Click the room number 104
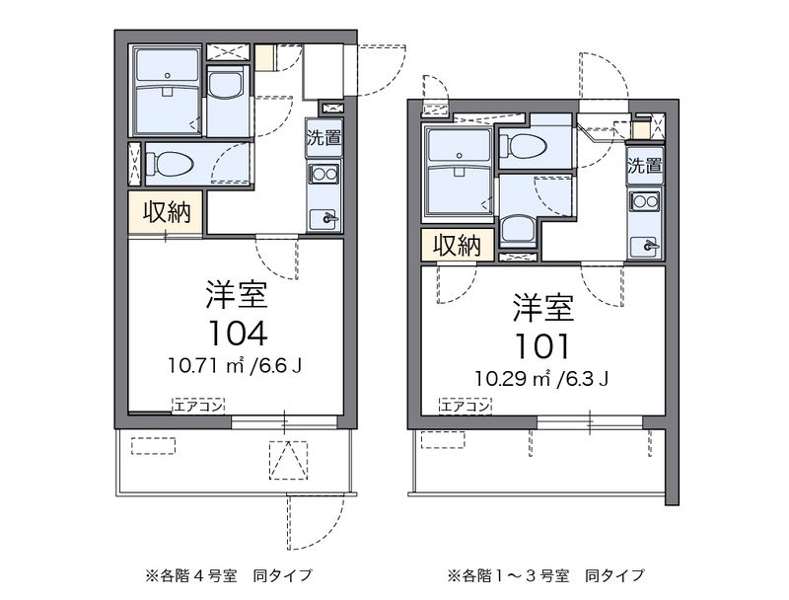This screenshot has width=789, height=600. click(238, 334)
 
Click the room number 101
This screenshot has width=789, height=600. click(541, 346)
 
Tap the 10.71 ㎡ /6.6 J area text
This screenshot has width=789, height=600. click(235, 365)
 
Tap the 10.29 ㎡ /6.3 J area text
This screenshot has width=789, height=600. click(541, 379)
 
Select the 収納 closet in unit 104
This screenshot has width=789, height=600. click(167, 212)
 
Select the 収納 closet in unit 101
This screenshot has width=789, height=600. click(458, 245)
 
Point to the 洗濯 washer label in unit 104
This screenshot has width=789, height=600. click(324, 137)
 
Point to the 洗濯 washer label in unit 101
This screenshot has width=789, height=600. click(645, 166)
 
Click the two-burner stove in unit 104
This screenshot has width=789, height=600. click(324, 174)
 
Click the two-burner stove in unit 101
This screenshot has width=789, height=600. click(646, 201)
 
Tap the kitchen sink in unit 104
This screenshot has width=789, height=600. click(324, 218)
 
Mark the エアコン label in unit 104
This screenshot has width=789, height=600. click(198, 406)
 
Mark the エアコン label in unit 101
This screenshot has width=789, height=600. click(465, 406)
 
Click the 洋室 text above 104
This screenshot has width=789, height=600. click(237, 295)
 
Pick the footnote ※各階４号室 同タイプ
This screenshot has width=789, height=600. click(229, 574)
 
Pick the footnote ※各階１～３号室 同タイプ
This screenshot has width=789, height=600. click(546, 574)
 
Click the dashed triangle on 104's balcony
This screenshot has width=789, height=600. click(288, 460)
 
